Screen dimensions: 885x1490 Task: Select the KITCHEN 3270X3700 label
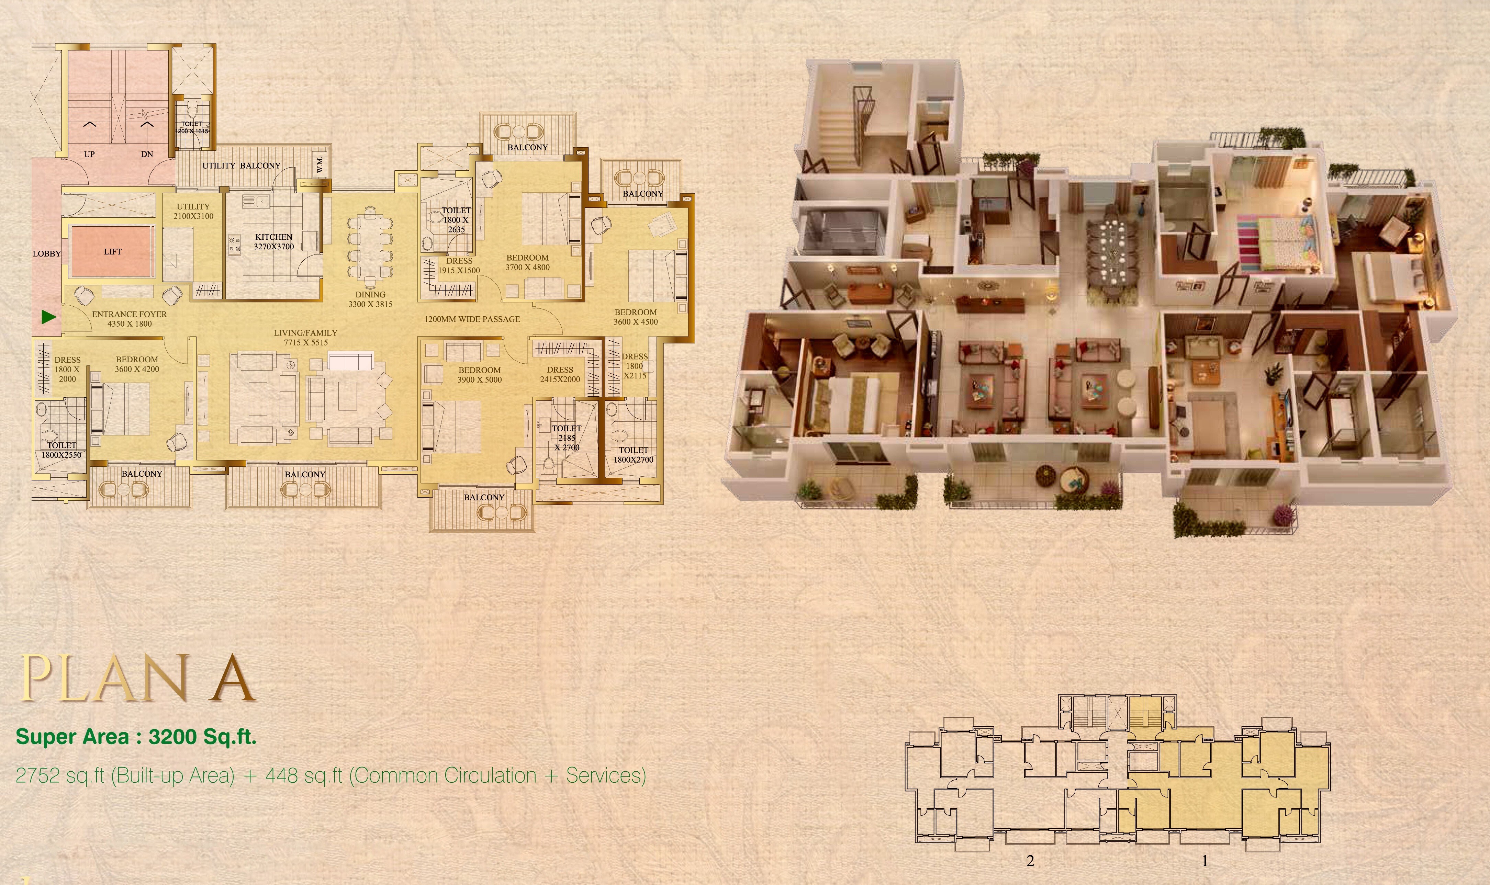[x=274, y=241]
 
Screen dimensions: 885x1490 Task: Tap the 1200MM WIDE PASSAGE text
[x=472, y=319]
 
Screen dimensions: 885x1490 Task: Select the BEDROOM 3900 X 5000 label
[x=480, y=375]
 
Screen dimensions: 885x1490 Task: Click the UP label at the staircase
[x=89, y=154]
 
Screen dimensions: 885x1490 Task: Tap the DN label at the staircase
[x=147, y=154]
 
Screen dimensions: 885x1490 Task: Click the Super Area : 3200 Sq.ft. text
[x=136, y=737]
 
